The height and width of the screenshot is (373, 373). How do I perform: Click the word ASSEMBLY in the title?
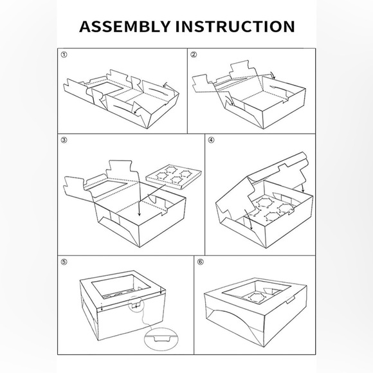click(125, 26)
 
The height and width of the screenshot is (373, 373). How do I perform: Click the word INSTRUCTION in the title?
click(235, 26)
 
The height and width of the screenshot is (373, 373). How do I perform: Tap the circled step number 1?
click(64, 55)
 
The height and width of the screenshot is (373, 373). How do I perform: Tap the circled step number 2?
click(194, 55)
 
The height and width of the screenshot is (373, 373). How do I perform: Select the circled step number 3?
click(64, 140)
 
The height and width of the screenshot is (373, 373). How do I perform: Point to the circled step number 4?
click(211, 140)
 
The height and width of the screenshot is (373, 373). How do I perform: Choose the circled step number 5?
click(64, 262)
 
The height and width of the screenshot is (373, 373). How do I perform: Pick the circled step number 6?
click(201, 262)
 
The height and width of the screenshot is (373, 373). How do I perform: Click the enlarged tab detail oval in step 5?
click(161, 339)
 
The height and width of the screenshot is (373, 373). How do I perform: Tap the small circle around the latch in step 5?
click(136, 304)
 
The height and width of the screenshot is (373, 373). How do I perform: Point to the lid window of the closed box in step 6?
click(257, 293)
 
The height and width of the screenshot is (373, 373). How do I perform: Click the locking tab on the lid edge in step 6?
click(291, 300)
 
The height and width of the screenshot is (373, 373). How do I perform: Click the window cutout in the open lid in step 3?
click(107, 188)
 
